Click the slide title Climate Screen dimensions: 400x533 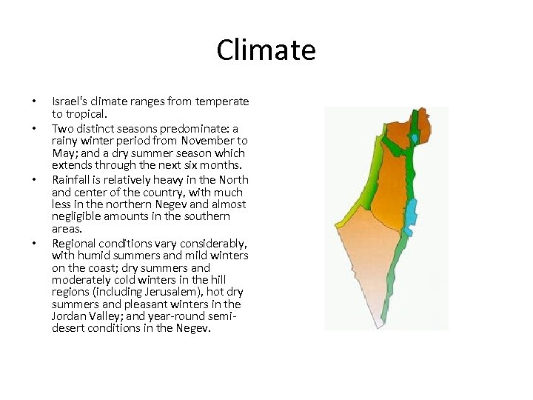(266, 50)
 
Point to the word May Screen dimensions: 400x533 (62, 153)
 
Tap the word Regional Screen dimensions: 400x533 (76, 243)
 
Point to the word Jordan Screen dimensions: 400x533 (68, 316)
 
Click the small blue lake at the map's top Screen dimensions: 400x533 (415, 138)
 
